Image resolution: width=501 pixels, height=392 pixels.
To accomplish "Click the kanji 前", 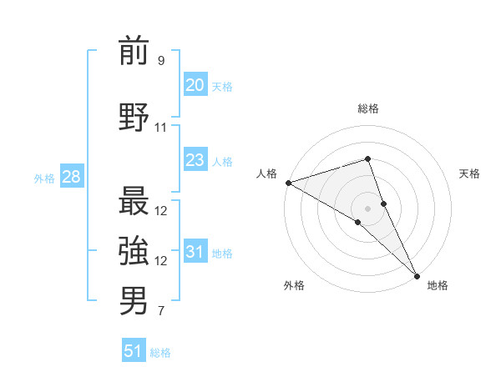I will tap(134, 51).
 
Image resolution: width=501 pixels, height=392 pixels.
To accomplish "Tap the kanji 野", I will tap(134, 117).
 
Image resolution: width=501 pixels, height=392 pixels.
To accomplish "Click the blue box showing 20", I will tap(195, 85).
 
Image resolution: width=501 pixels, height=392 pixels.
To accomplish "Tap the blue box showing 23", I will tap(195, 160).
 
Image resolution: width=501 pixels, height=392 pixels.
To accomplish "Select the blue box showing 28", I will tap(71, 177).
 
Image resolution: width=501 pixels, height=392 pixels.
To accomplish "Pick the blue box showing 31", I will tap(195, 252).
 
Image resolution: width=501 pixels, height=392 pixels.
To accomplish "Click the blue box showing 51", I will tap(134, 351).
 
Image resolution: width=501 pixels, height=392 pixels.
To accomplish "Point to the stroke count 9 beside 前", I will tap(161, 61).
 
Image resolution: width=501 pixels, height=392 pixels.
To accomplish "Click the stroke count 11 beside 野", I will tap(161, 128).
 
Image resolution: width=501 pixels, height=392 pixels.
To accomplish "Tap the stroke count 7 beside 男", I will tap(161, 312).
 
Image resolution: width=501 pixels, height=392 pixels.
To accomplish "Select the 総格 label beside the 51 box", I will tap(160, 353).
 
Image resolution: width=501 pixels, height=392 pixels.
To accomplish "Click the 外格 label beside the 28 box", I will tap(44, 178).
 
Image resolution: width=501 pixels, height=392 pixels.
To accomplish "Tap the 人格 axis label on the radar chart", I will tap(267, 173).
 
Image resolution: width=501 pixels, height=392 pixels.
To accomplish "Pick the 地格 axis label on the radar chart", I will tap(438, 285).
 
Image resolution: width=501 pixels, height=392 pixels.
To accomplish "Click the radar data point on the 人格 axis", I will tap(288, 183).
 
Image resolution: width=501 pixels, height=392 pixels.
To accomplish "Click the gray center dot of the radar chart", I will tap(367, 208).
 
